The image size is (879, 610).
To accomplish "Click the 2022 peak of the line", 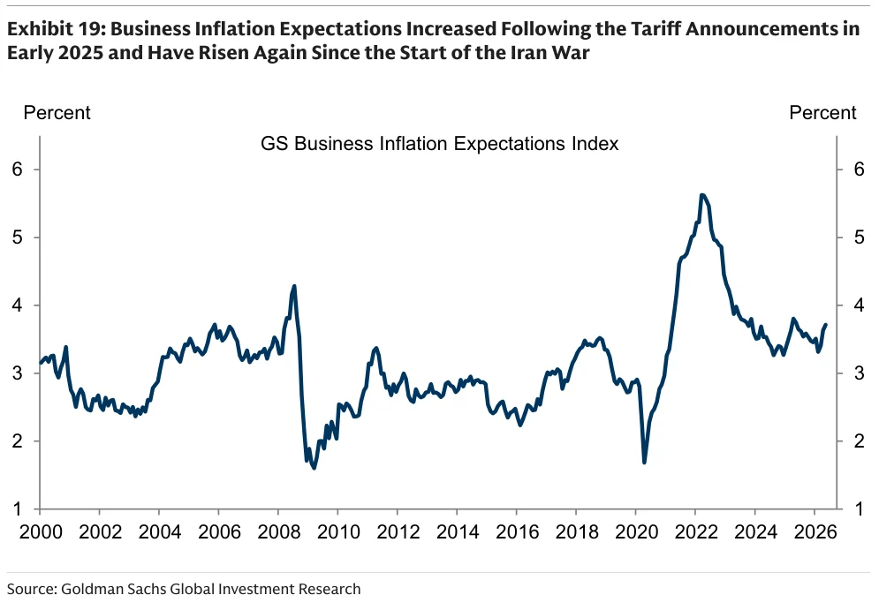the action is coord(702,195).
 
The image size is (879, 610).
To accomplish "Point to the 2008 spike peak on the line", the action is coord(294,286).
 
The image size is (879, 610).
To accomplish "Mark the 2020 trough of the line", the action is coord(644,462).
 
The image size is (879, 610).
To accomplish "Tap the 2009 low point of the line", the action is coord(314,467).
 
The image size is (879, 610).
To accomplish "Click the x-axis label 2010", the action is coord(338,531).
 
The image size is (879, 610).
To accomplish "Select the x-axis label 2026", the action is coord(815,531).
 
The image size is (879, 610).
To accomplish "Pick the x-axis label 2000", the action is coord(41,531).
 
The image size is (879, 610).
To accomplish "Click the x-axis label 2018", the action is coord(576,531).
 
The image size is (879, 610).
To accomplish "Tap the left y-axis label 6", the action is coord(18,169).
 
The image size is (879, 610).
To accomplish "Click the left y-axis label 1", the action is coord(18,508).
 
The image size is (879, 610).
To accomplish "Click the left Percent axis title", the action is coord(57,113).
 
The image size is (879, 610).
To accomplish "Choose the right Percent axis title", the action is coord(822,113).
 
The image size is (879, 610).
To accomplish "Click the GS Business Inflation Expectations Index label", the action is coord(440,144).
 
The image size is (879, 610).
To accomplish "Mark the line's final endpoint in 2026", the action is coord(826,325).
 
